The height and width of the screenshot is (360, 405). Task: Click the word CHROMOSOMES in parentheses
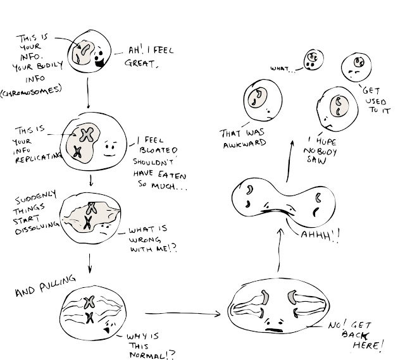click(x=32, y=92)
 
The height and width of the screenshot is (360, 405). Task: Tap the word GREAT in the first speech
click(x=140, y=63)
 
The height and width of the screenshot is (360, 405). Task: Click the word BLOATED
click(x=159, y=150)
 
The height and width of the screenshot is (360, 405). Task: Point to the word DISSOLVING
click(x=37, y=228)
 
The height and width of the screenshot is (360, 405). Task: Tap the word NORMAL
click(x=148, y=356)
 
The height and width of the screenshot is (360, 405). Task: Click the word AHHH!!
click(x=320, y=235)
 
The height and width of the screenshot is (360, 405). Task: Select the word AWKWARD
click(x=244, y=144)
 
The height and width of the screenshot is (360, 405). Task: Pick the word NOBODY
click(x=320, y=151)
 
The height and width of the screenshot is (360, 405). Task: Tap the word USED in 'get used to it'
click(x=376, y=101)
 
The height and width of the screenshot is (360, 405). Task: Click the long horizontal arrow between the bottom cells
click(x=183, y=314)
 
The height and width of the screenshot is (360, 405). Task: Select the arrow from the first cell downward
click(x=88, y=93)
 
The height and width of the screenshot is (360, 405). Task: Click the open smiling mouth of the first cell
click(x=99, y=63)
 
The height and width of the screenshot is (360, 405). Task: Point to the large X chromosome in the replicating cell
click(x=87, y=134)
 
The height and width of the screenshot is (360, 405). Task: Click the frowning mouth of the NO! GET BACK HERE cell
click(x=274, y=330)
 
